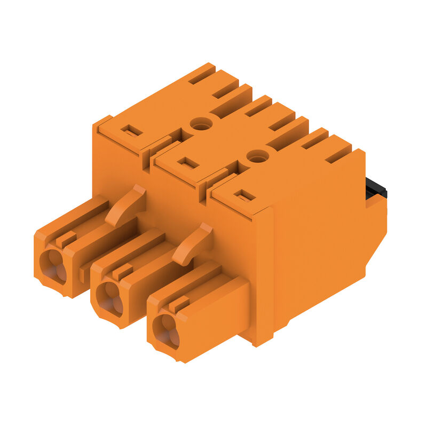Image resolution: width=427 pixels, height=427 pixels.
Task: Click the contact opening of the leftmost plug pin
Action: coord(52,265)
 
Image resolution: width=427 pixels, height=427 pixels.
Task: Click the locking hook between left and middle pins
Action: coord(126,204)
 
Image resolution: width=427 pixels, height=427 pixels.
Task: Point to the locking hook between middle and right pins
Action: coord(193,243)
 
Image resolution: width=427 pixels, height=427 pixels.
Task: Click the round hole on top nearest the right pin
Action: coord(258,156)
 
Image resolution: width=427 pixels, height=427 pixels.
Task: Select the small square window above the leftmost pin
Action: coord(132,130)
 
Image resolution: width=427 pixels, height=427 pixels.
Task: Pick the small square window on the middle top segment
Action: coord(188,163)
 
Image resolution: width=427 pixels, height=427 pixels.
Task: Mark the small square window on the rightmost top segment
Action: coord(244,195)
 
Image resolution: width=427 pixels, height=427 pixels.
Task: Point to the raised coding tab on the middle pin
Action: coord(122,272)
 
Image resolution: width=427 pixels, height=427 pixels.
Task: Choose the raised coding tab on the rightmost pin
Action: coord(178,305)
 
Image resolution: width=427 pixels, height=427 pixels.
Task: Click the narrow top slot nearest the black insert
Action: coord(338,155)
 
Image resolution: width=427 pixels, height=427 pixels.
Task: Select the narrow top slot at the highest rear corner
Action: coord(202,74)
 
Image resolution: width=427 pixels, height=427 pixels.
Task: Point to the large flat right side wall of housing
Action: coord(320,240)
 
